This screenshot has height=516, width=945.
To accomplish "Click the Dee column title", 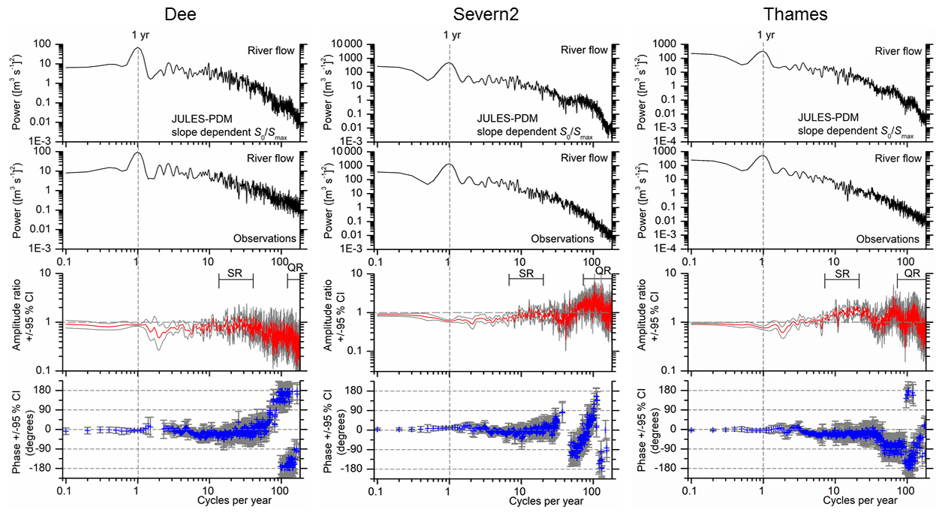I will coord(179,14).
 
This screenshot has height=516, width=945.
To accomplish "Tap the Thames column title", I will coord(793,14).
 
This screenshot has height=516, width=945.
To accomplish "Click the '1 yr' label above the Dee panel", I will coord(137,35).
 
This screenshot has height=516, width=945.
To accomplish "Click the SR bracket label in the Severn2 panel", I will coord(526,274).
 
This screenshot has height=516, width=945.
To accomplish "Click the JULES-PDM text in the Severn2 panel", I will coord(506,119).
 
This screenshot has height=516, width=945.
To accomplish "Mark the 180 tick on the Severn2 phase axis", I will coord(359,391).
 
